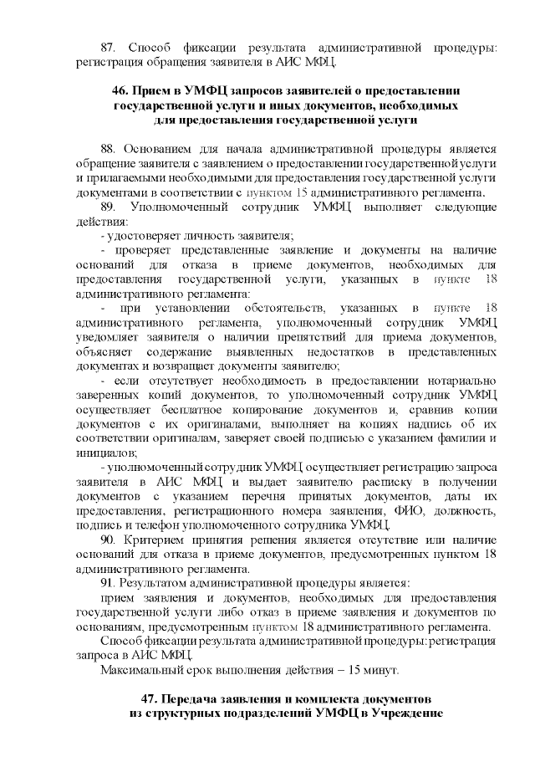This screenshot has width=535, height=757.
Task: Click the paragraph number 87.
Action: [108, 44]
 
